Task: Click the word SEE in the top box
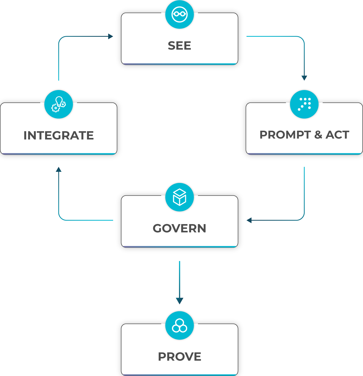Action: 179,46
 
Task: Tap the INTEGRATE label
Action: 59,136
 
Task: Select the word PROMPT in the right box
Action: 285,135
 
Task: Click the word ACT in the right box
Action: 337,135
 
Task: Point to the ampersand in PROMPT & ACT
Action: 318,135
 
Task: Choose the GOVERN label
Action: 179,228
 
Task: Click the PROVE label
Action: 179,357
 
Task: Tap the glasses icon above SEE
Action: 179,14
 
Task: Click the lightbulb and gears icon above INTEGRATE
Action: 59,104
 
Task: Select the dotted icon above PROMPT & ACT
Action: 304,104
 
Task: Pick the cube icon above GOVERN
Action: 179,197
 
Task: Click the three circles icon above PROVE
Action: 179,326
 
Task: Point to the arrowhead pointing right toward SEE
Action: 111,36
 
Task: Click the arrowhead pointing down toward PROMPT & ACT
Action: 304,78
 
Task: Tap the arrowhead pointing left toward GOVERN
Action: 249,220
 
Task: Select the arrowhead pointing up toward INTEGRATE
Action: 59,169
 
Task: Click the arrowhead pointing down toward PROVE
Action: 179,301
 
